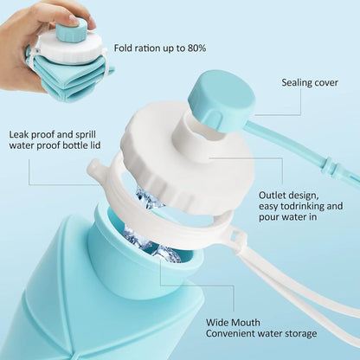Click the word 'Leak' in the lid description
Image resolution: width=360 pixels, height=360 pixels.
tap(20, 135)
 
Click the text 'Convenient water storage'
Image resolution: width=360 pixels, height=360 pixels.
tap(261, 333)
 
